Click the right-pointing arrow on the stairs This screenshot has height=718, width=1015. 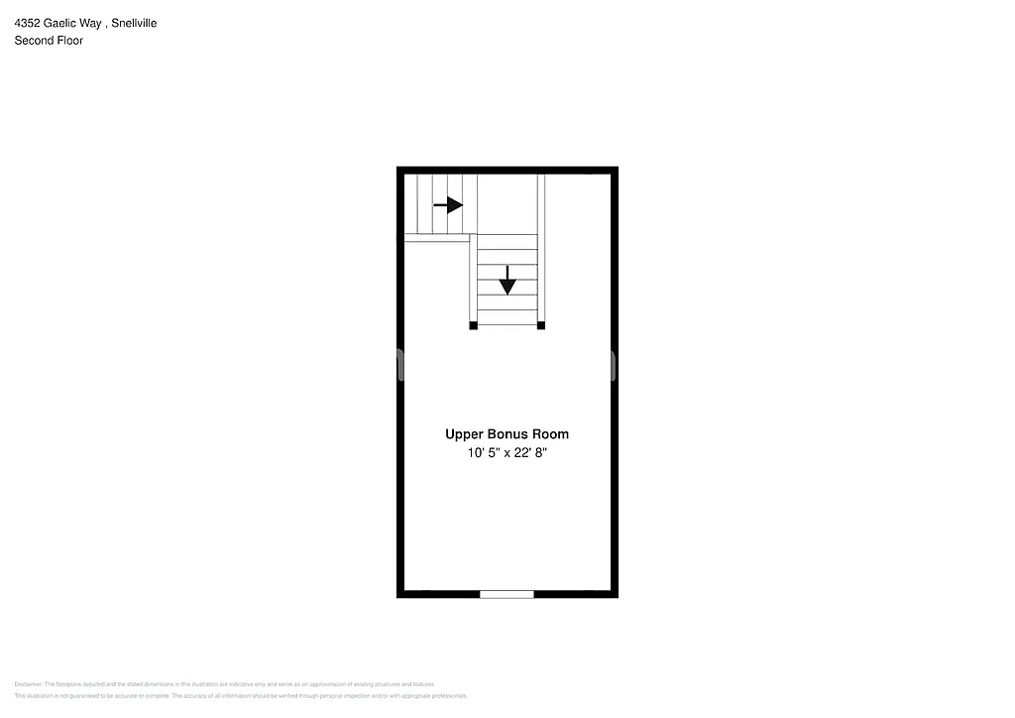click(x=448, y=205)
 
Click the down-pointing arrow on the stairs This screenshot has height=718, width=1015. click(x=507, y=281)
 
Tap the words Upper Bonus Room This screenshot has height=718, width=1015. click(x=507, y=434)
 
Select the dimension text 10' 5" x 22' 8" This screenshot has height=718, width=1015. click(x=507, y=453)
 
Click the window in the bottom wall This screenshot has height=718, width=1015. click(x=507, y=594)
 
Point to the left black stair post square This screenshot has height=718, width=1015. click(x=473, y=325)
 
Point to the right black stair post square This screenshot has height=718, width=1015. click(x=541, y=325)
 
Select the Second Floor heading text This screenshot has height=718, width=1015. click(x=49, y=41)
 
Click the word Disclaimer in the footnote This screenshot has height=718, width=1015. click(x=29, y=684)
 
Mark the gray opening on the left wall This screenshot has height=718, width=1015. click(x=399, y=365)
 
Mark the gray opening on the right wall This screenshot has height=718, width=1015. click(x=614, y=365)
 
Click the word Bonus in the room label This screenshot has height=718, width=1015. click(x=513, y=434)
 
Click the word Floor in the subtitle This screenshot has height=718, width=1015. click(x=68, y=41)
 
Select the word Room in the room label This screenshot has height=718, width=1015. click(x=552, y=434)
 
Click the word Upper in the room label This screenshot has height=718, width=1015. click(x=464, y=434)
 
